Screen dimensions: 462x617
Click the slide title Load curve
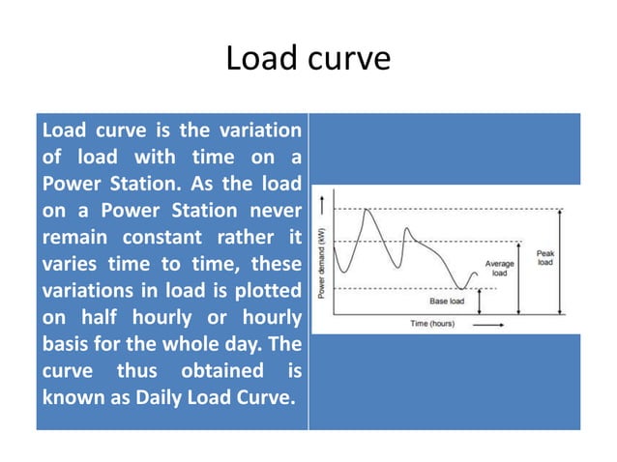point(308,60)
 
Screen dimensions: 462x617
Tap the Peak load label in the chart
point(545,258)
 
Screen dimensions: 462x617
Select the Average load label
point(499,268)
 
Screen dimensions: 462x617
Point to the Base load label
point(447,302)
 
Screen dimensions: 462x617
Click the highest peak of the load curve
point(367,210)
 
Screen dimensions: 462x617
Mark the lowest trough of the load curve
point(463,288)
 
